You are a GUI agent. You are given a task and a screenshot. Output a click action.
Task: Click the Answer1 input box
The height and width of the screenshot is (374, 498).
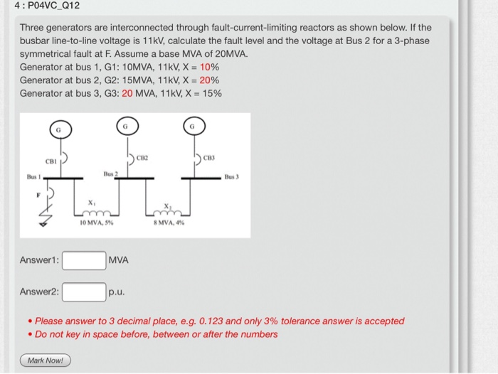(84, 260)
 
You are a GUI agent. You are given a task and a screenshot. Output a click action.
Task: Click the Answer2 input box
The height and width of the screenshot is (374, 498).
(84, 292)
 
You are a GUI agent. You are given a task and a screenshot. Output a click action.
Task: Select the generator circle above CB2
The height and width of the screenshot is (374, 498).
(125, 127)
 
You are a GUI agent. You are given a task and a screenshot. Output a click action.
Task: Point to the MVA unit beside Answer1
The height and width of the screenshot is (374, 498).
(119, 260)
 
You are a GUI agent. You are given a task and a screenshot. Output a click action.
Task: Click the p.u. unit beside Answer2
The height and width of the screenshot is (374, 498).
(117, 292)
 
